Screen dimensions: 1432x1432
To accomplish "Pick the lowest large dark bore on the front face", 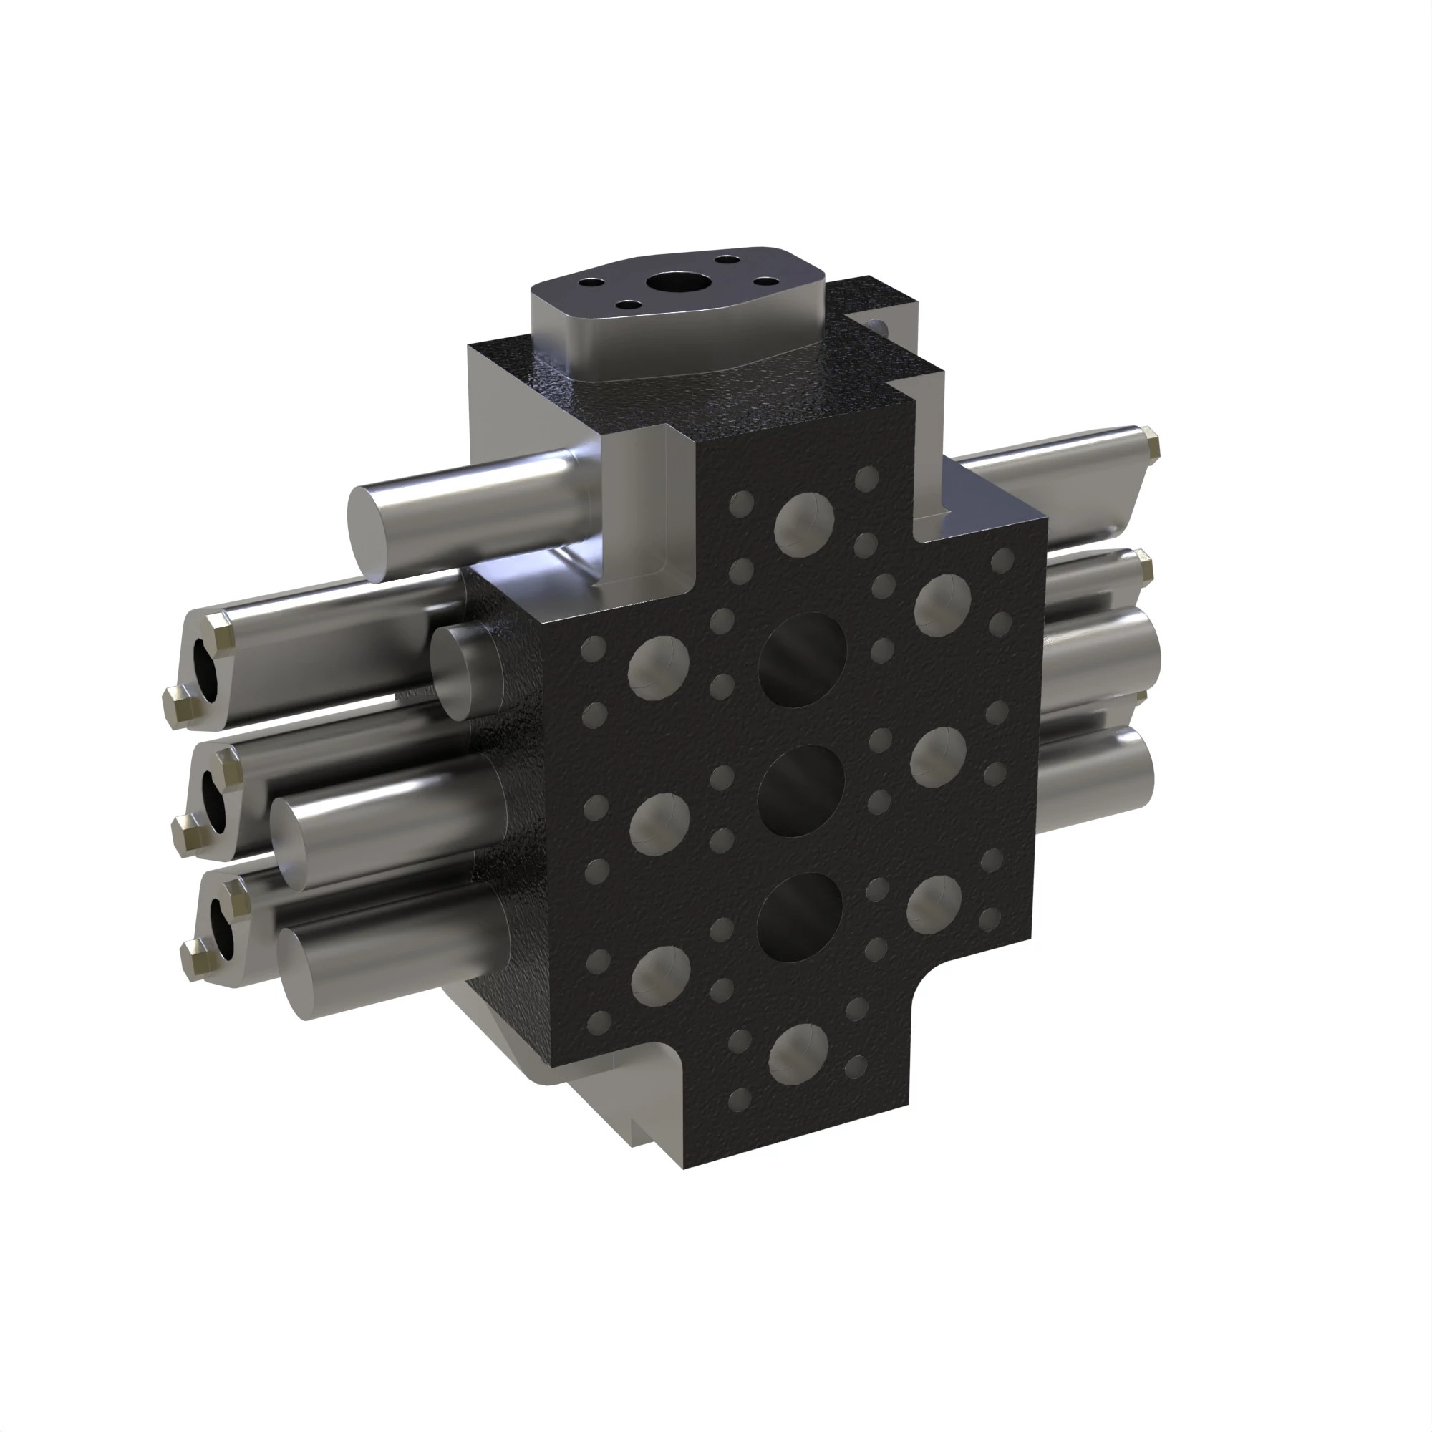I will point(800,917).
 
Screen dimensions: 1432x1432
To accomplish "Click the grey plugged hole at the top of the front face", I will point(804,525).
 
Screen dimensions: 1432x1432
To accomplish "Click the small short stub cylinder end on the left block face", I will point(457,672).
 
